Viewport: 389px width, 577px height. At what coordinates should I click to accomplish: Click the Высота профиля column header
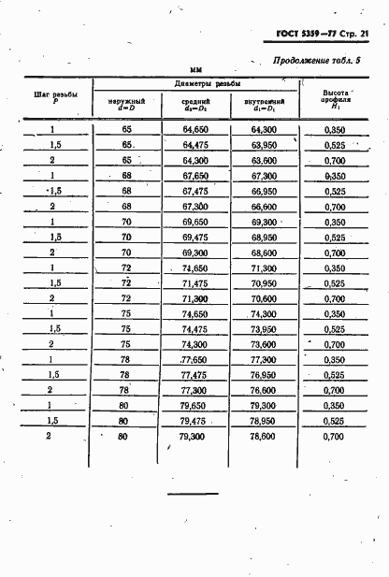click(x=336, y=100)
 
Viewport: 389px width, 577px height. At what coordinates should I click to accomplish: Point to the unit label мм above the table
click(x=195, y=69)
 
